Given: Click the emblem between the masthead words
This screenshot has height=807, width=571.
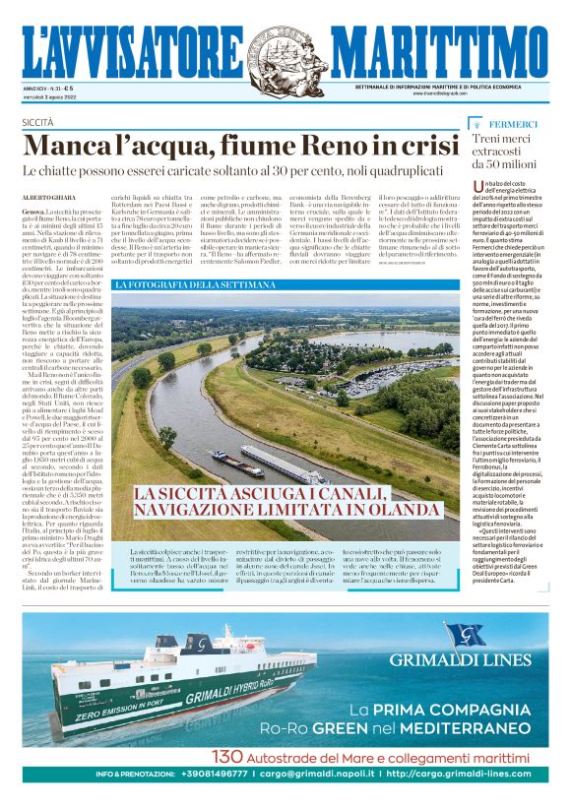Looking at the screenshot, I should click(x=285, y=50).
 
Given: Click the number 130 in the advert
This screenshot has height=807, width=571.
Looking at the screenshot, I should click(x=228, y=757).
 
